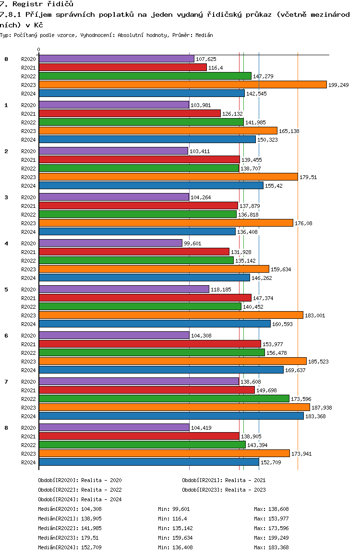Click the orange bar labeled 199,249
pos(183,85)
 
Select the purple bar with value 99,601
pos(110,243)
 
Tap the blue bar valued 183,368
pos(171,416)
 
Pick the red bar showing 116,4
pos(122,67)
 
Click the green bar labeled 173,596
pos(164,399)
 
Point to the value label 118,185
pos(221,290)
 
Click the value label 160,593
pos(282,324)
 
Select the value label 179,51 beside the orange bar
pos(308,177)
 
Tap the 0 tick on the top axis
pos(38,49)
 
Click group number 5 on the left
pos(6,290)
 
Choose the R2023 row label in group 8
pos(28,454)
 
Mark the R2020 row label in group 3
pos(28,197)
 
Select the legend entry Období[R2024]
pos(58,499)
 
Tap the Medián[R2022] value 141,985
pos(91,528)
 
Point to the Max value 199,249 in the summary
pos(278,538)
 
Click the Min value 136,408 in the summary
pos(182,547)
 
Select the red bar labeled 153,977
pos(150,344)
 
